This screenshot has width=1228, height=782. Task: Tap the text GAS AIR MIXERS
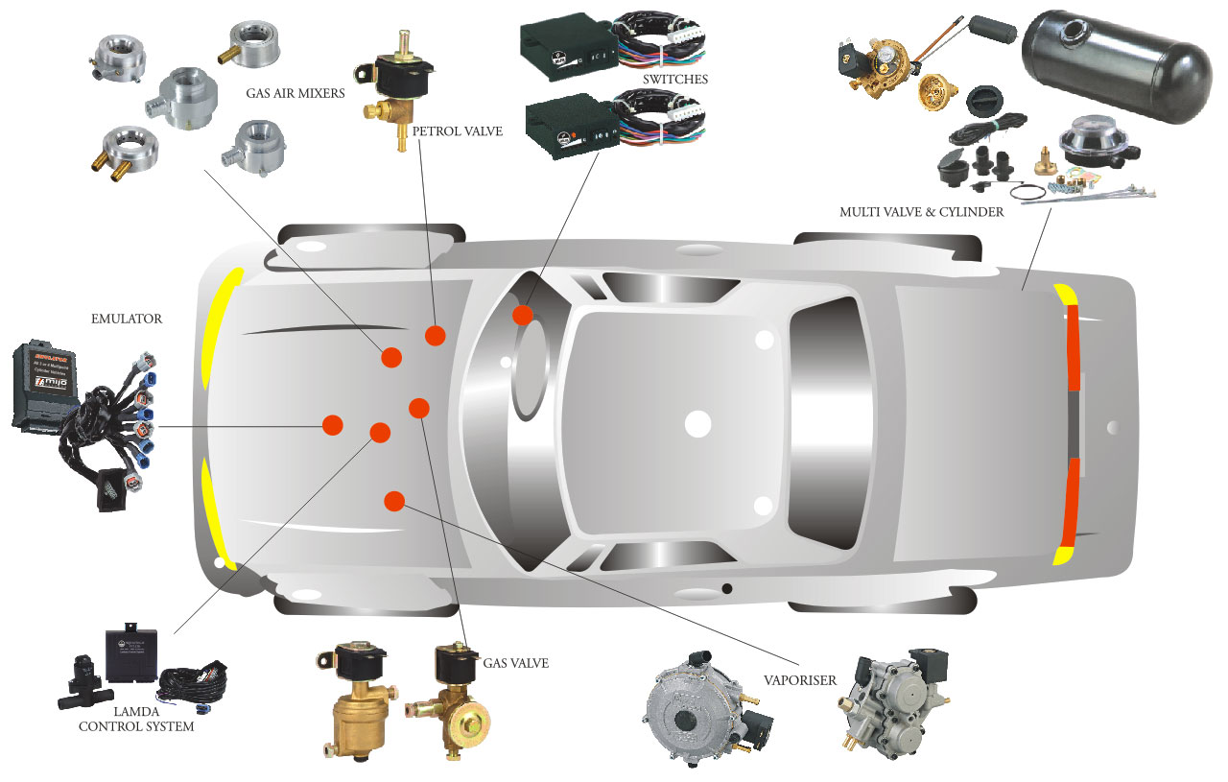coord(295,94)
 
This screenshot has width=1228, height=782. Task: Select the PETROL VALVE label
coord(457,131)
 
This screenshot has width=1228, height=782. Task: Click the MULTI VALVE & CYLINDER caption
coord(921,212)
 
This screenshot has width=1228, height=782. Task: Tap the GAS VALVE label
coord(515,662)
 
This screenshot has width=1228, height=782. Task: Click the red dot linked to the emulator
coord(333,424)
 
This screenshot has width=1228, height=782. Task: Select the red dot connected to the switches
coord(523,315)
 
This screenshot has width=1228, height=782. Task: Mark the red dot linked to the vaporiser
coord(393,500)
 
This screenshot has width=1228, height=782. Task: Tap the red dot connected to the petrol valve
coord(436,335)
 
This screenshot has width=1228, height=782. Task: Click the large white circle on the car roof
coord(697,423)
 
